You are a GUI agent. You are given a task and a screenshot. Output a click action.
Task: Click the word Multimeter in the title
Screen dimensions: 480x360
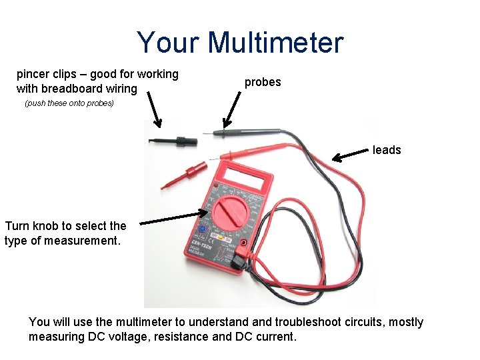(275, 43)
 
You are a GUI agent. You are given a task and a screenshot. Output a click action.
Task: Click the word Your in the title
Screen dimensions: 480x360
(169, 43)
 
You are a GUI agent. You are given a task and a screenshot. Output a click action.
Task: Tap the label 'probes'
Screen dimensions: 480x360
(263, 82)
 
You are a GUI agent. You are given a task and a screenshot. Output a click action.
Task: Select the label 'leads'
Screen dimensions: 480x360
(387, 150)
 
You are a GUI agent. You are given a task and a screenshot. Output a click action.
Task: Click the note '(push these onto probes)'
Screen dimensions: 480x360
(69, 103)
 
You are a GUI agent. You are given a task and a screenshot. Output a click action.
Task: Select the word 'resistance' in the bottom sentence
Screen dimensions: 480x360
(181, 337)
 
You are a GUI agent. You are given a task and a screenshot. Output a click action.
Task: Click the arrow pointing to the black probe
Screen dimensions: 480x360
(233, 109)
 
